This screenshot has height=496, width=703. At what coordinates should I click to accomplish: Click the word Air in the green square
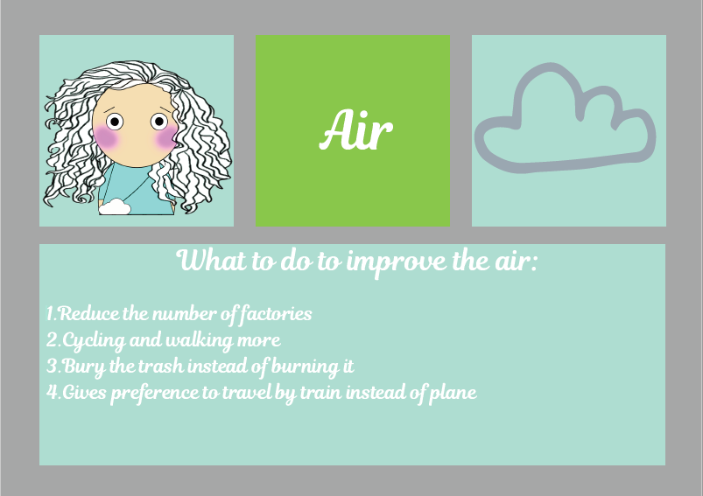356,129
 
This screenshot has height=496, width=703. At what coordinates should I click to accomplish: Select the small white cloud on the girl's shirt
115,206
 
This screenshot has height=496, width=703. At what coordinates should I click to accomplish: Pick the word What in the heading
212,260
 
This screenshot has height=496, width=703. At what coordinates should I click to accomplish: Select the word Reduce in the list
89,313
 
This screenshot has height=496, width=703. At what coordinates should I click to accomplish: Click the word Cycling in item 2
94,341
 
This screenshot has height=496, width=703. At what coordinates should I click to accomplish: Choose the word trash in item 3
160,366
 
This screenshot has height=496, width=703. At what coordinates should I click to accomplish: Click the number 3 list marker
53,366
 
